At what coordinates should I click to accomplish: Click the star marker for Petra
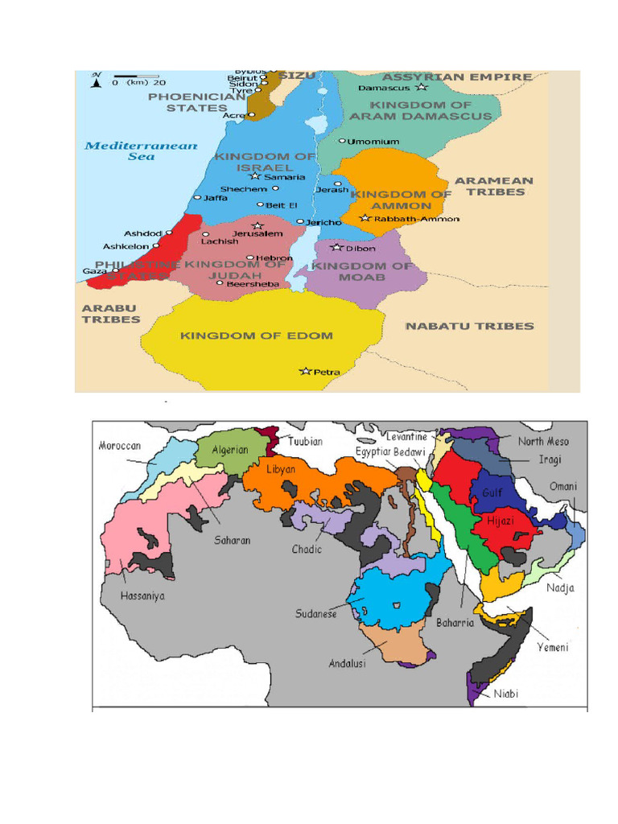point(305,371)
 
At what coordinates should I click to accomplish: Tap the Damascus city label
point(383,87)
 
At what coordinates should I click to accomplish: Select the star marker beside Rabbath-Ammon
point(365,218)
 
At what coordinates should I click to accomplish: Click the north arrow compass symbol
point(97,79)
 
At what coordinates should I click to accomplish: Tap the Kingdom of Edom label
point(256,336)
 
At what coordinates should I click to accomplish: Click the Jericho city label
point(324,222)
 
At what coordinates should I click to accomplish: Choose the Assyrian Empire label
point(456,77)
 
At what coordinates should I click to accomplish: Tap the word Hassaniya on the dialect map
point(142,596)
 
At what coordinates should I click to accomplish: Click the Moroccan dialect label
point(120,446)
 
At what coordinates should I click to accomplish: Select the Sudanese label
point(317,612)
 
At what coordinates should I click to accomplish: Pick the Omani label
point(562,487)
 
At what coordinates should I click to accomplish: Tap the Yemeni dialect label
point(553,647)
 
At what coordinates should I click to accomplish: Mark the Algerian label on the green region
point(230,450)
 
